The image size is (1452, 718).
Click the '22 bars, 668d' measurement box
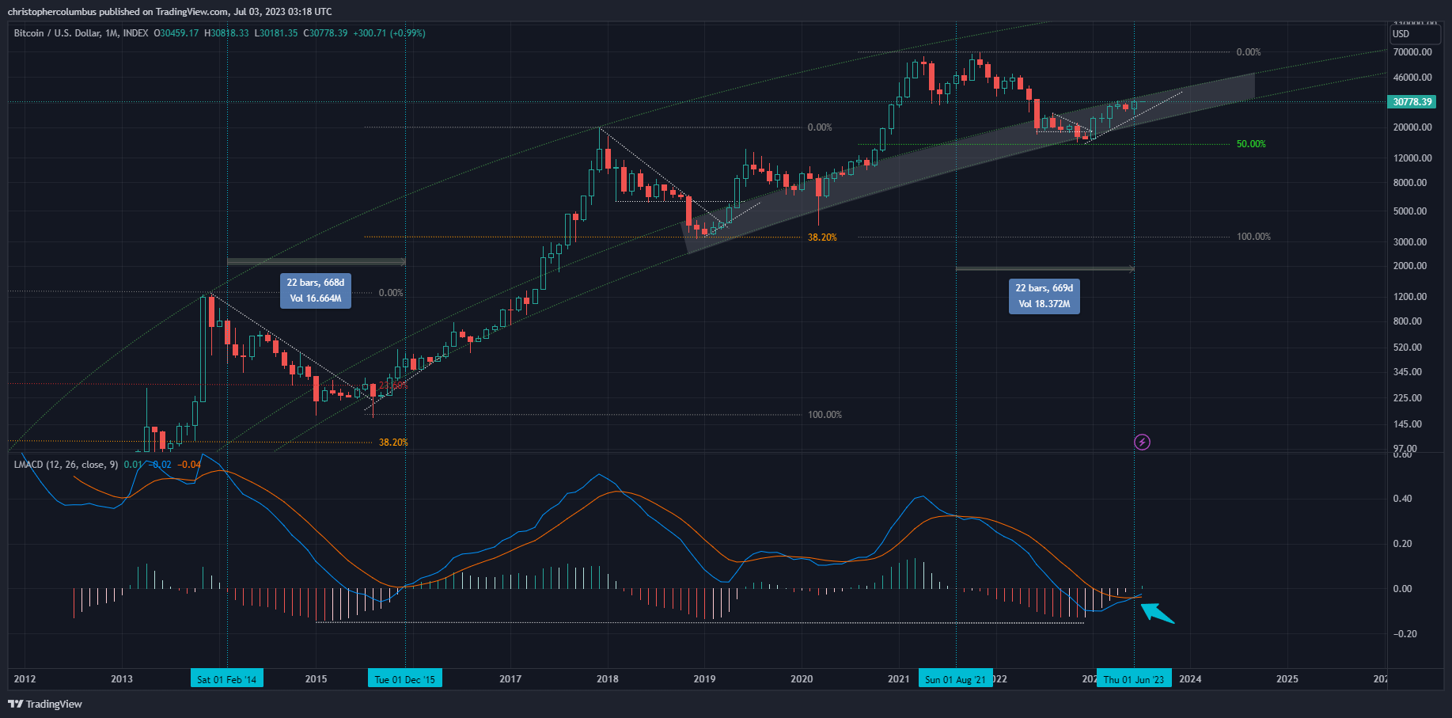tap(315, 291)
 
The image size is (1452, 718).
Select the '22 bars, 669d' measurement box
tap(1044, 296)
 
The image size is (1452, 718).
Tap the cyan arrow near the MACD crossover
tap(1157, 613)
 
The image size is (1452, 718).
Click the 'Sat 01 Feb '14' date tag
tap(226, 679)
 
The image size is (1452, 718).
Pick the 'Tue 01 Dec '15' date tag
tap(404, 679)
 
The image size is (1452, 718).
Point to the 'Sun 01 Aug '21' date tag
tap(955, 679)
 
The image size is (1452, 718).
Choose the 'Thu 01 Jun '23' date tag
tap(1133, 679)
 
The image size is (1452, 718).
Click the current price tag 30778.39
tap(1412, 102)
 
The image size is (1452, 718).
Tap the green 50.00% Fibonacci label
tap(1251, 144)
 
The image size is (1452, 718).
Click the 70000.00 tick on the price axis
tap(1412, 52)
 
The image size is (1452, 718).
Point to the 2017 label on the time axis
tap(510, 679)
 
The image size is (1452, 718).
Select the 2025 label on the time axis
tap(1287, 679)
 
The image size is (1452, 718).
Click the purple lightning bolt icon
tap(1142, 442)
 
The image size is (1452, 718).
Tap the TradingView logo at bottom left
tap(45, 704)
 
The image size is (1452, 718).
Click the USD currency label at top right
tap(1401, 34)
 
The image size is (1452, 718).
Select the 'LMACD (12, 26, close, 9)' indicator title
tap(66, 465)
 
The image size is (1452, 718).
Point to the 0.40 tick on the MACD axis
tap(1402, 499)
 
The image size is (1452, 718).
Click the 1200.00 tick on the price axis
tap(1410, 297)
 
